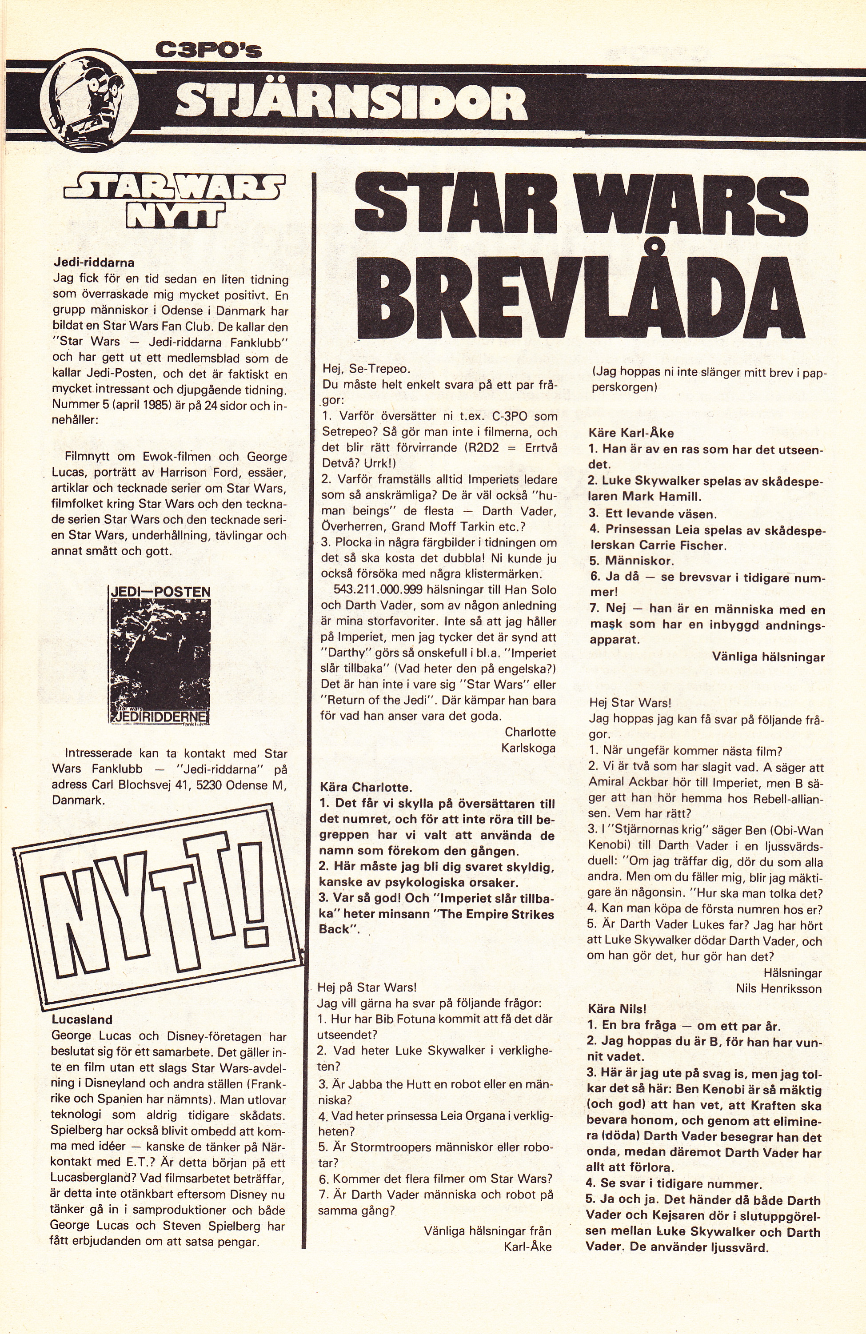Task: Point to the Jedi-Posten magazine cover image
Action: click(159, 654)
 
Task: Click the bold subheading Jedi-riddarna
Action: click(94, 263)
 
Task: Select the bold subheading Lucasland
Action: click(82, 1019)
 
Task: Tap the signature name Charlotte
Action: click(530, 732)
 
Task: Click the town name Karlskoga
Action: click(529, 748)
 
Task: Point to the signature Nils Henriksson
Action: click(778, 989)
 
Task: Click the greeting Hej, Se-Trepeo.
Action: click(366, 370)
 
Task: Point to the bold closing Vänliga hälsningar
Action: click(768, 657)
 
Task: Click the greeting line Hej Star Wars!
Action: click(630, 702)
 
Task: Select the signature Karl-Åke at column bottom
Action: click(527, 1246)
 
